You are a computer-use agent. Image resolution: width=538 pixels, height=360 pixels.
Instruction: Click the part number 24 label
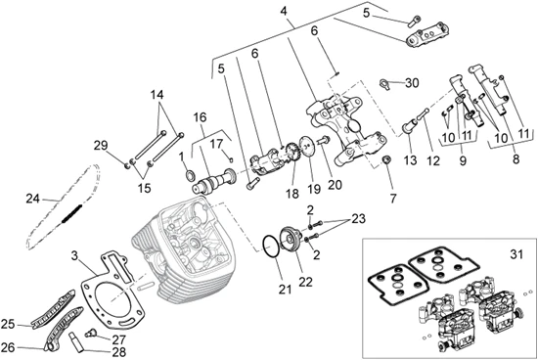32,199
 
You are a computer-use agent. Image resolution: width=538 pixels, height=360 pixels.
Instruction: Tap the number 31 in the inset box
516,254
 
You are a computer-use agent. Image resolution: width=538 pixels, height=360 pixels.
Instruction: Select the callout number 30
412,83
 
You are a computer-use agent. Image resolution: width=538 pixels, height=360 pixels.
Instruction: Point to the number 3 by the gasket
75,255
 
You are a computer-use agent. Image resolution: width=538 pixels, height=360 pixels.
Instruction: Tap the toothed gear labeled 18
292,152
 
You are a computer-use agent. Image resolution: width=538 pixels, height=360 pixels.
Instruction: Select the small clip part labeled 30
385,84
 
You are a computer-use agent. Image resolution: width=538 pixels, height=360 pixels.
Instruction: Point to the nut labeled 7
386,159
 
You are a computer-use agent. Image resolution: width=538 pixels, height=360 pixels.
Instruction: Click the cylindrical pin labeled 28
76,342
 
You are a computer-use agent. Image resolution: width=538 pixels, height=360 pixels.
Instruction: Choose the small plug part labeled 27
92,332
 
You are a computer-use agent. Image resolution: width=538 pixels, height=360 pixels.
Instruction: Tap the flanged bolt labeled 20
324,140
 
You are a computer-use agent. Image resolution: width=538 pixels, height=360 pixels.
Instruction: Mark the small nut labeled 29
126,165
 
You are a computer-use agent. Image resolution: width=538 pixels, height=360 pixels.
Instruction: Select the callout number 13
411,159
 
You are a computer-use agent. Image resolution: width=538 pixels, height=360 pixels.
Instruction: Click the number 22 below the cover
305,282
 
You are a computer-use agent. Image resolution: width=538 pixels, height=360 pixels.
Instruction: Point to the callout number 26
9,347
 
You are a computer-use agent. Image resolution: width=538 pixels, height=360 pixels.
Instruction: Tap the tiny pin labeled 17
231,158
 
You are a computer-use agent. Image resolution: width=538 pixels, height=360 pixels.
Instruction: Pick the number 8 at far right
516,159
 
